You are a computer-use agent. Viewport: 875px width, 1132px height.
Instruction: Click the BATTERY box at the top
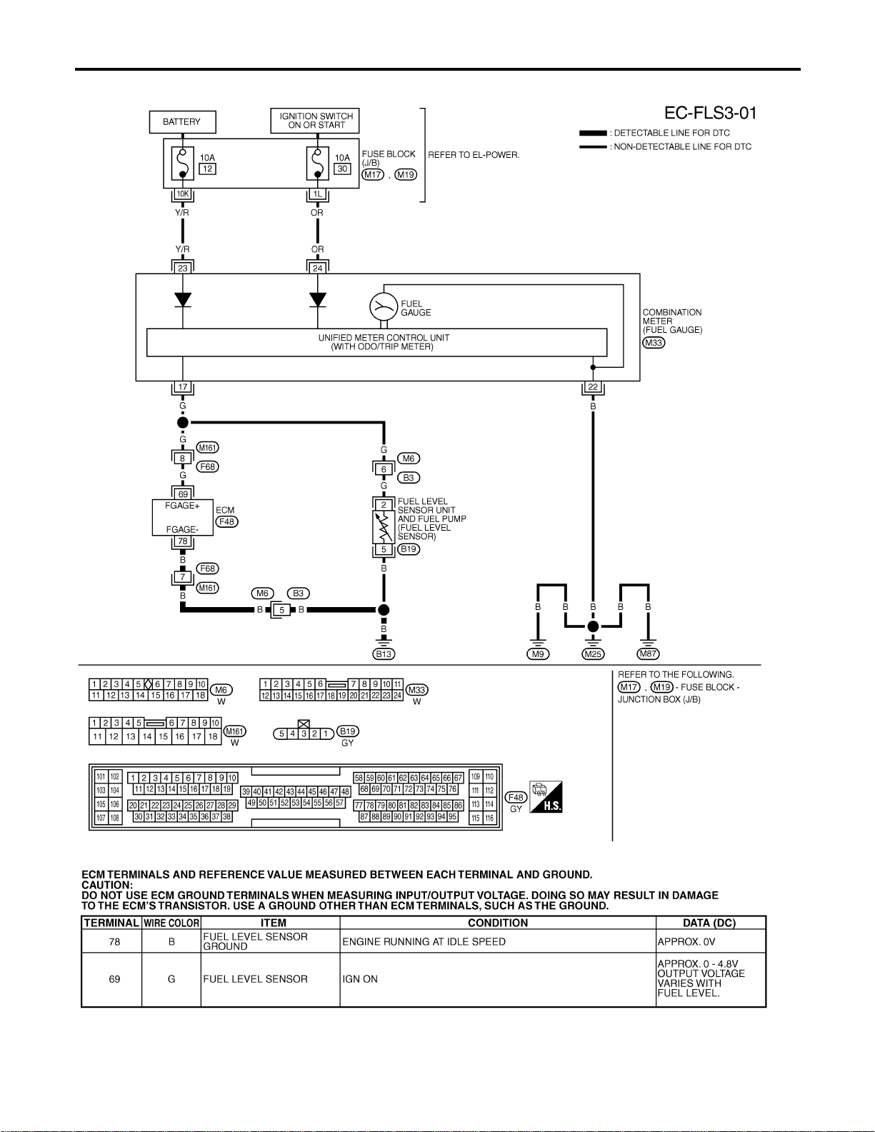[x=182, y=122]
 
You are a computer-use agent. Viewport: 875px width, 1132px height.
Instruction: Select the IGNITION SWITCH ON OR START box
[x=314, y=120]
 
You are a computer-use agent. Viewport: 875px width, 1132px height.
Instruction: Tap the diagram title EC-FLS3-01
[x=710, y=113]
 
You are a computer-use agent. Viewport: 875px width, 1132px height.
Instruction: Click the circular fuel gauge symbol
[x=384, y=307]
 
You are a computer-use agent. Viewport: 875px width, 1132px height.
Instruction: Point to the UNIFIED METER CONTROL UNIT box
[x=376, y=342]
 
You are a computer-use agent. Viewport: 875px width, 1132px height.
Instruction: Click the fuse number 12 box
[x=207, y=169]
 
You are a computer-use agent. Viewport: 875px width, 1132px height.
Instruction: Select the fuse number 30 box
[x=342, y=169]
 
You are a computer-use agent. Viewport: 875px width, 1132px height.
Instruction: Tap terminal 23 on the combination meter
[x=183, y=268]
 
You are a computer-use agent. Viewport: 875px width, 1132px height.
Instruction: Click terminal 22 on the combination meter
[x=593, y=386]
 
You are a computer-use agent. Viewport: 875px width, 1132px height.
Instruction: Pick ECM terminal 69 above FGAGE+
[x=183, y=494]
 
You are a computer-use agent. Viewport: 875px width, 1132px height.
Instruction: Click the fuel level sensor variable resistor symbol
[x=384, y=527]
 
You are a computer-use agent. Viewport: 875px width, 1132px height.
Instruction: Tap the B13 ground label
[x=384, y=653]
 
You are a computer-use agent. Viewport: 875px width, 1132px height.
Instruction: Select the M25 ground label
[x=593, y=653]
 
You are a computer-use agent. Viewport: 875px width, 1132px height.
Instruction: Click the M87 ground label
[x=648, y=653]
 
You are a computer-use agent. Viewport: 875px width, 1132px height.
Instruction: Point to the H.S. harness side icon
[x=546, y=796]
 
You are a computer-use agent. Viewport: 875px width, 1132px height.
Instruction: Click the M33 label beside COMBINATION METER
[x=654, y=343]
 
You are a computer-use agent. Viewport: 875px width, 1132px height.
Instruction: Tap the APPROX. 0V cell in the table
[x=686, y=942]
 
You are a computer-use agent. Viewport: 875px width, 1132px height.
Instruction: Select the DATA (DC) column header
[x=709, y=923]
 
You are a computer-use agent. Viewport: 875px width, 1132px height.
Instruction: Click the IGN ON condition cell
[x=360, y=979]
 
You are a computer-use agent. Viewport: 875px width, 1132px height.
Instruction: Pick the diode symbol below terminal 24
[x=318, y=300]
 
